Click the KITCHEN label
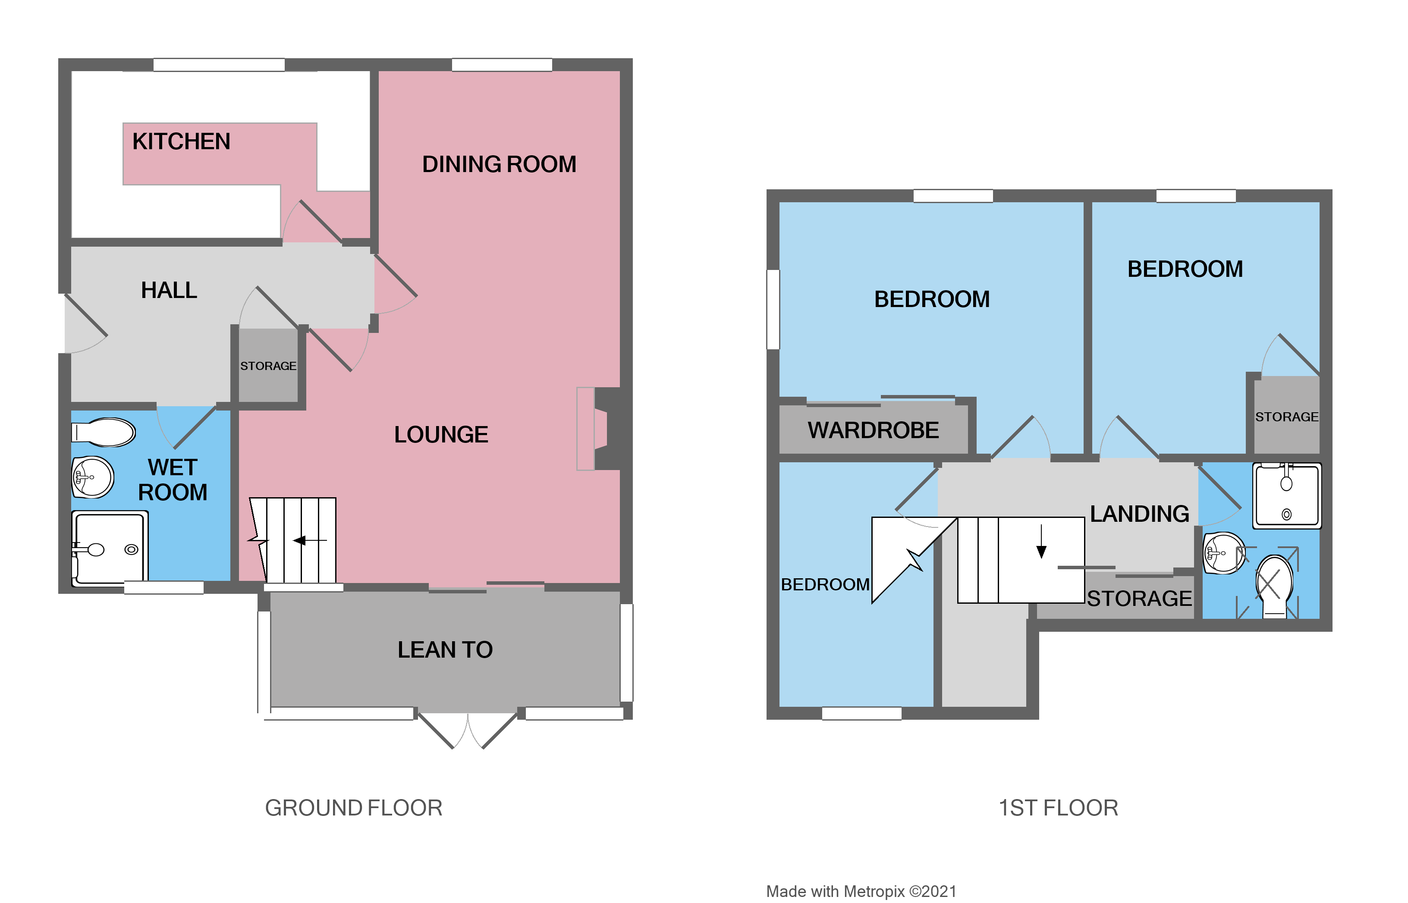181,141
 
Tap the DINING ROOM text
499,164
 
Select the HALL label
169,290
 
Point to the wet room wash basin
93,477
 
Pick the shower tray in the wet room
109,548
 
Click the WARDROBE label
873,430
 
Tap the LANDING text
1139,514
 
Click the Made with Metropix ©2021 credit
861,891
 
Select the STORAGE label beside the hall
268,366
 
